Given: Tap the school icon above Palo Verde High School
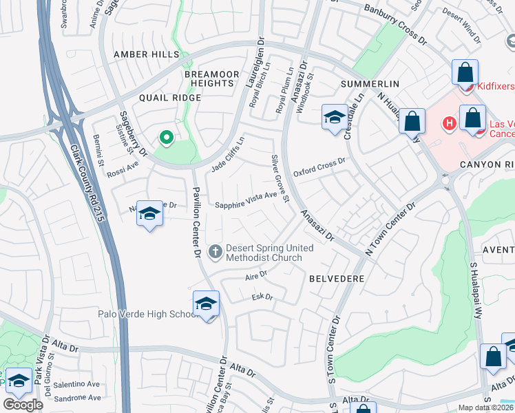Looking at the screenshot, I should pyautogui.click(x=206, y=303).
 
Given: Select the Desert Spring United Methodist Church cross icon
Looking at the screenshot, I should pyautogui.click(x=216, y=251).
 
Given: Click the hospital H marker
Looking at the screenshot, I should pyautogui.click(x=449, y=124).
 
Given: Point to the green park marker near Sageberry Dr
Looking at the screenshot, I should pyautogui.click(x=166, y=138).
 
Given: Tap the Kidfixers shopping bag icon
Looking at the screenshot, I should pyautogui.click(x=465, y=72).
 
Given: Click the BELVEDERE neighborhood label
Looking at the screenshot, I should pyautogui.click(x=336, y=279).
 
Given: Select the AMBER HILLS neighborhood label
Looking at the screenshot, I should pyautogui.click(x=146, y=54).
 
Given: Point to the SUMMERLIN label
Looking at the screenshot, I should pyautogui.click(x=370, y=84).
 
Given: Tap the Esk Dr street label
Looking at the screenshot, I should pyautogui.click(x=262, y=297).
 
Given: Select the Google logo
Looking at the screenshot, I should pyautogui.click(x=23, y=405).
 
